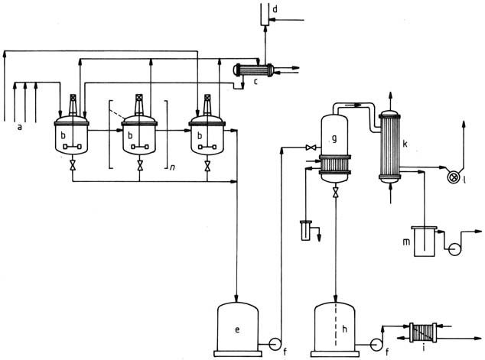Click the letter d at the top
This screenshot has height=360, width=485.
275,9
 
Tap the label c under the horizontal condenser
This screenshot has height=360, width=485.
256,82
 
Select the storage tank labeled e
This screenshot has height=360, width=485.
238,329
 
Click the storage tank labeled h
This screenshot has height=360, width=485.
335,329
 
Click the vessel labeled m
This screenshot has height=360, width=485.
424,242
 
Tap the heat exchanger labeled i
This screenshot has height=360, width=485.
423,332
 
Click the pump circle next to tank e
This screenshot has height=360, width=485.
275,344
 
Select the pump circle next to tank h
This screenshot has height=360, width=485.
376,345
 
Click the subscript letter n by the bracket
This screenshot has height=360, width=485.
172,167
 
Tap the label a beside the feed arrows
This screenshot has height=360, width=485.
20,127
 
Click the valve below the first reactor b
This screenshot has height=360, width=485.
73,165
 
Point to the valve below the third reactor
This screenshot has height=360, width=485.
207,165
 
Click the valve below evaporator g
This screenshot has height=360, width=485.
335,193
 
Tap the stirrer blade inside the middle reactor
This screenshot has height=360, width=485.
139,147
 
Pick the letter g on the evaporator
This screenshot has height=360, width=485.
334,139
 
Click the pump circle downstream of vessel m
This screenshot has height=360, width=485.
455,250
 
